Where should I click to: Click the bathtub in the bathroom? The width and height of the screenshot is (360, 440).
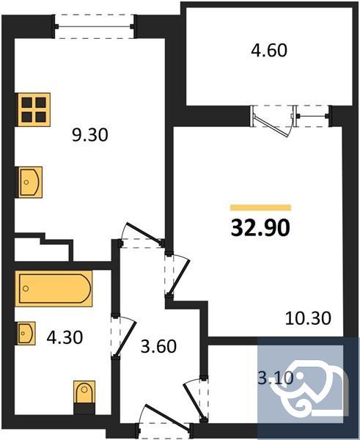(54, 288)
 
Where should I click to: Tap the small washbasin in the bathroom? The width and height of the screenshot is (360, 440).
(27, 334)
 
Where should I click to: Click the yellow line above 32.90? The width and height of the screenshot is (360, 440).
(260, 208)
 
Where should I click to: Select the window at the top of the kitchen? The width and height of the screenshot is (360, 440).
(95, 29)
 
